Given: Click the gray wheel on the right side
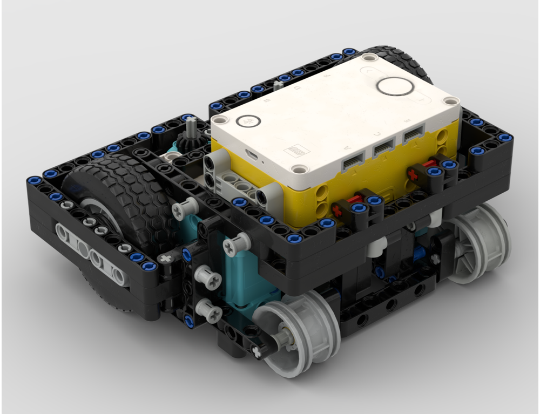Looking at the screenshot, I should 478,243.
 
